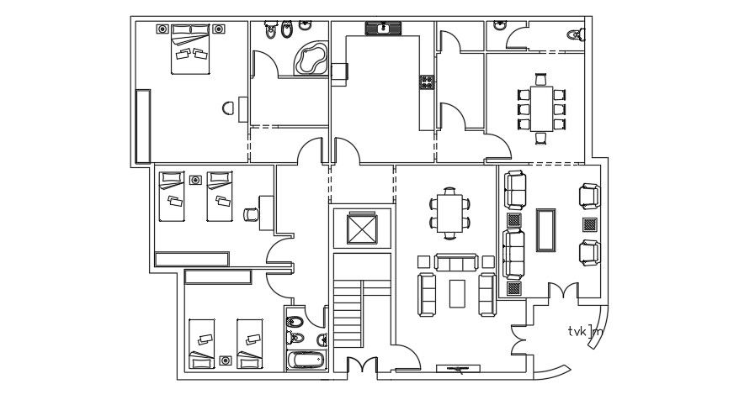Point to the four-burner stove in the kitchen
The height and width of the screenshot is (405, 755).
click(427, 82)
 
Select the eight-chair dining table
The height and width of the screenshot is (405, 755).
click(541, 103)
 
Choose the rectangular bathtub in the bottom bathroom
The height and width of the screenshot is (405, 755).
click(305, 361)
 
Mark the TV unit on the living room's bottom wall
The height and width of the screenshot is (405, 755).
click(459, 368)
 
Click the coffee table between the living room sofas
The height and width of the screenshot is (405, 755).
click(458, 292)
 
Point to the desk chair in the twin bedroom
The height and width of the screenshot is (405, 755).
click(250, 213)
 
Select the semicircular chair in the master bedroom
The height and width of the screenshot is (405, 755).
click(228, 108)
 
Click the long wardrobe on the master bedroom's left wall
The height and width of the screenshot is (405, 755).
click(143, 126)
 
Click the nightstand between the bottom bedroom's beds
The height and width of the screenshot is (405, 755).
click(225, 360)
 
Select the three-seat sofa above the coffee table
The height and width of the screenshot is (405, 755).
click(455, 264)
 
